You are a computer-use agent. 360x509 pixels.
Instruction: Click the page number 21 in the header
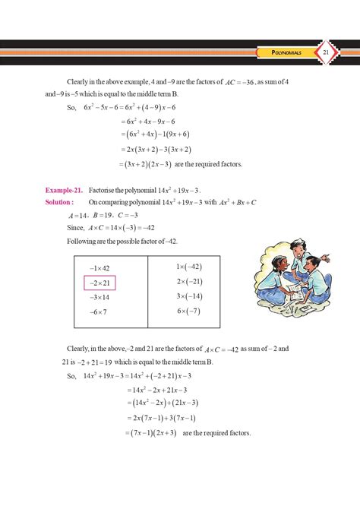pos(325,52)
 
